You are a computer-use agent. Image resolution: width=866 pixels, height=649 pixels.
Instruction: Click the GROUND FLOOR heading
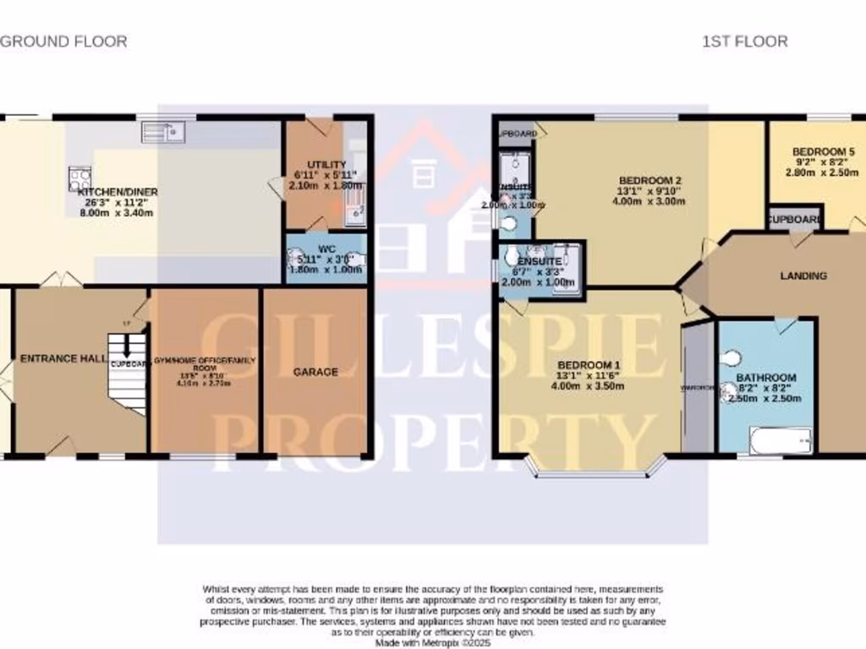click(63, 41)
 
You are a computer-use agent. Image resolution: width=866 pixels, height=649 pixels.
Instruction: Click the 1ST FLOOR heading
click(744, 41)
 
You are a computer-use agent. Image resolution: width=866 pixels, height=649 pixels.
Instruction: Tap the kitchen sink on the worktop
click(164, 132)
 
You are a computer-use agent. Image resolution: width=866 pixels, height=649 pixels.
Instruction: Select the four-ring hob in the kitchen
click(80, 179)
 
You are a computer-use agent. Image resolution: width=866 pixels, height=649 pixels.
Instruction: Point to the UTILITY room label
click(326, 164)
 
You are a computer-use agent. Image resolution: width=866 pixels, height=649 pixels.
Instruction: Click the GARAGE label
click(316, 372)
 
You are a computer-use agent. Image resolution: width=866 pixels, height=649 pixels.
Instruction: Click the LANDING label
click(803, 275)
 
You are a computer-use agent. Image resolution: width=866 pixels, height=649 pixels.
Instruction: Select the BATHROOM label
click(765, 378)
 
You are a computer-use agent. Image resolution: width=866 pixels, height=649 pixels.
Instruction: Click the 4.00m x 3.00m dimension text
click(649, 201)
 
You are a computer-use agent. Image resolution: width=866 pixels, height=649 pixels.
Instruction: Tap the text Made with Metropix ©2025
click(432, 642)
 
